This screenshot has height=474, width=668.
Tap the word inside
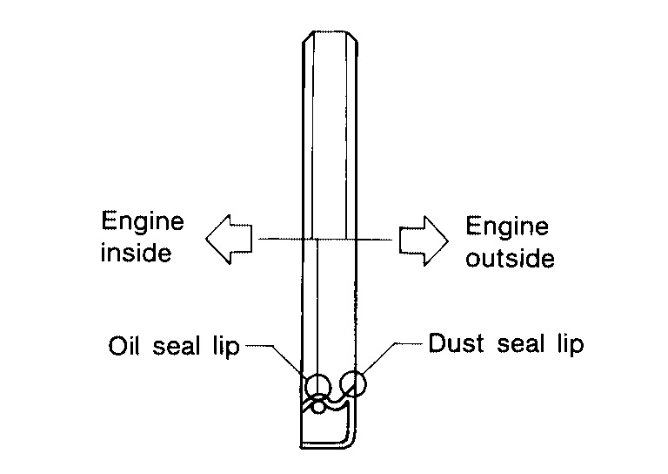click(x=137, y=254)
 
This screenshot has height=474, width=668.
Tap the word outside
click(x=510, y=259)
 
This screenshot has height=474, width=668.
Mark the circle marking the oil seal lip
click(x=317, y=384)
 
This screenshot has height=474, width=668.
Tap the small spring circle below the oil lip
click(x=320, y=403)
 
